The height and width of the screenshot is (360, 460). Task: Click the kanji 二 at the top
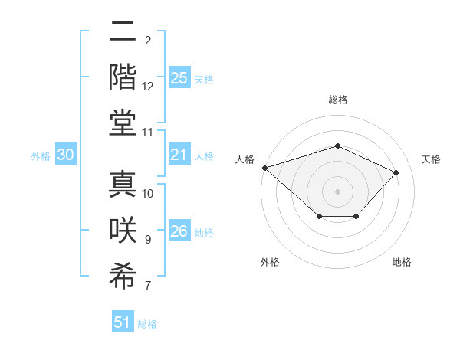[123, 33]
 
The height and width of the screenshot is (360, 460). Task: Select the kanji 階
[123, 78]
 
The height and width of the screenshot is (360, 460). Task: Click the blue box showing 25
[179, 78]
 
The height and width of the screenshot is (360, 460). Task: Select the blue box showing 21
[179, 155]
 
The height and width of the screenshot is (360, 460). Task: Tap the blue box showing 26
[179, 232]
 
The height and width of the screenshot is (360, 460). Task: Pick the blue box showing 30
[65, 155]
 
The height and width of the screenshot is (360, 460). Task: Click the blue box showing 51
[123, 322]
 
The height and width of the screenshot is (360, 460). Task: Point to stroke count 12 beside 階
[148, 87]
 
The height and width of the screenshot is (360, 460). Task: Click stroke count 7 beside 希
[148, 286]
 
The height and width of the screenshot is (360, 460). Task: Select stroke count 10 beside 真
[148, 194]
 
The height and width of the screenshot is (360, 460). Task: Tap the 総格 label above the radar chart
[337, 100]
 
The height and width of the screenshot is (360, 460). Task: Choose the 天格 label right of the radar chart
[431, 159]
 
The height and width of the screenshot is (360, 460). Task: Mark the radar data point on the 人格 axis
[264, 167]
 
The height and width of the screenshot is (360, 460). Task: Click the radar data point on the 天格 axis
[396, 172]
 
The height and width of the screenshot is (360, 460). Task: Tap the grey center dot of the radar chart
[337, 191]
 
